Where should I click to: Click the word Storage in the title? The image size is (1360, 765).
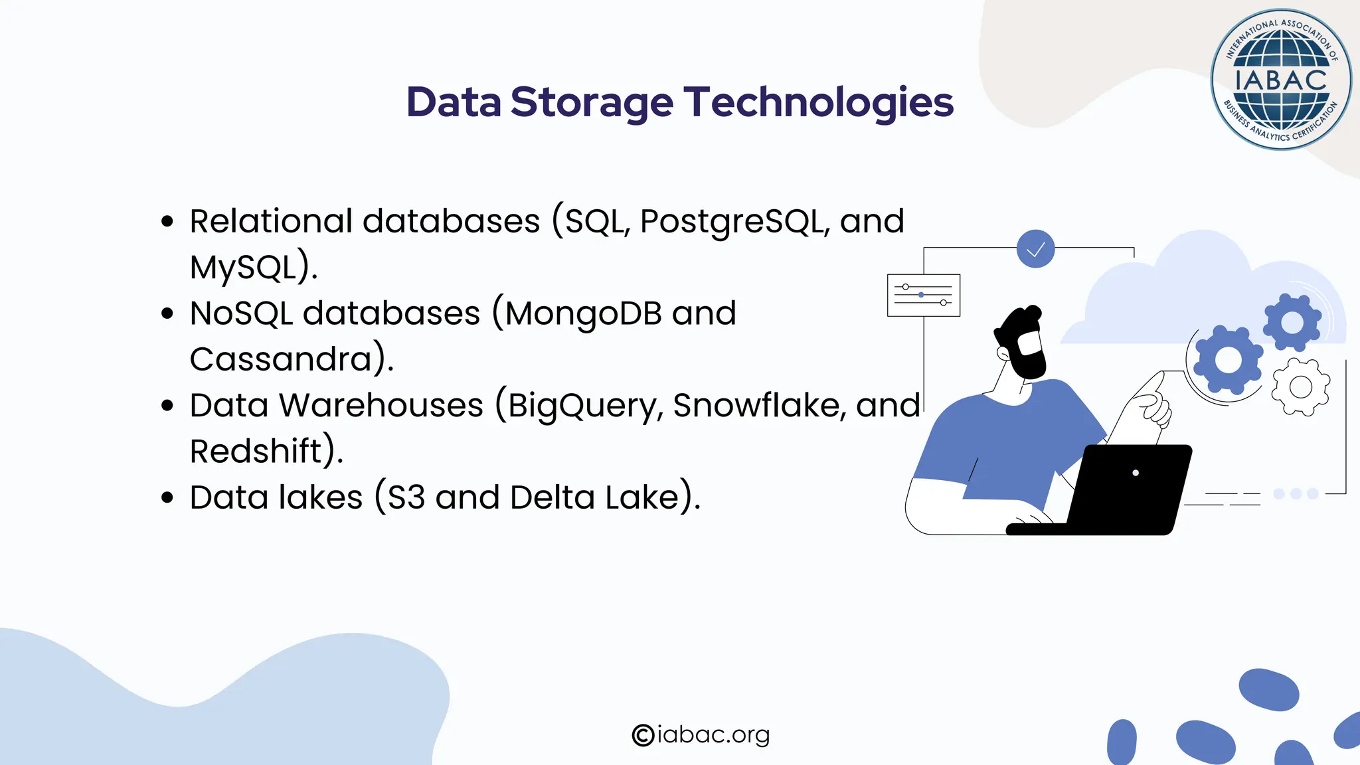pos(591,103)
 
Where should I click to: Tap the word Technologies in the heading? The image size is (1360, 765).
pos(819,103)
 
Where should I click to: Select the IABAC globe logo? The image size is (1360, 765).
pos(1280,80)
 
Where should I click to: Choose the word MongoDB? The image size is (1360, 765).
pos(583,313)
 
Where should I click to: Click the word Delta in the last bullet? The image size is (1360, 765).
pos(552,497)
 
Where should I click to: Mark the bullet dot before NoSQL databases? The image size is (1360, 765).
pos(167,313)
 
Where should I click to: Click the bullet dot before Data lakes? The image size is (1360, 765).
pos(167,497)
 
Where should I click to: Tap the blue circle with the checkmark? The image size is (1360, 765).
pos(1035,249)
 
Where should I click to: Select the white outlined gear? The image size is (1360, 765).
pos(1300,386)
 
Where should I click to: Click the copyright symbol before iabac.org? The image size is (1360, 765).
pos(643,735)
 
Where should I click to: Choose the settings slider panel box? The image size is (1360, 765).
pos(923,295)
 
